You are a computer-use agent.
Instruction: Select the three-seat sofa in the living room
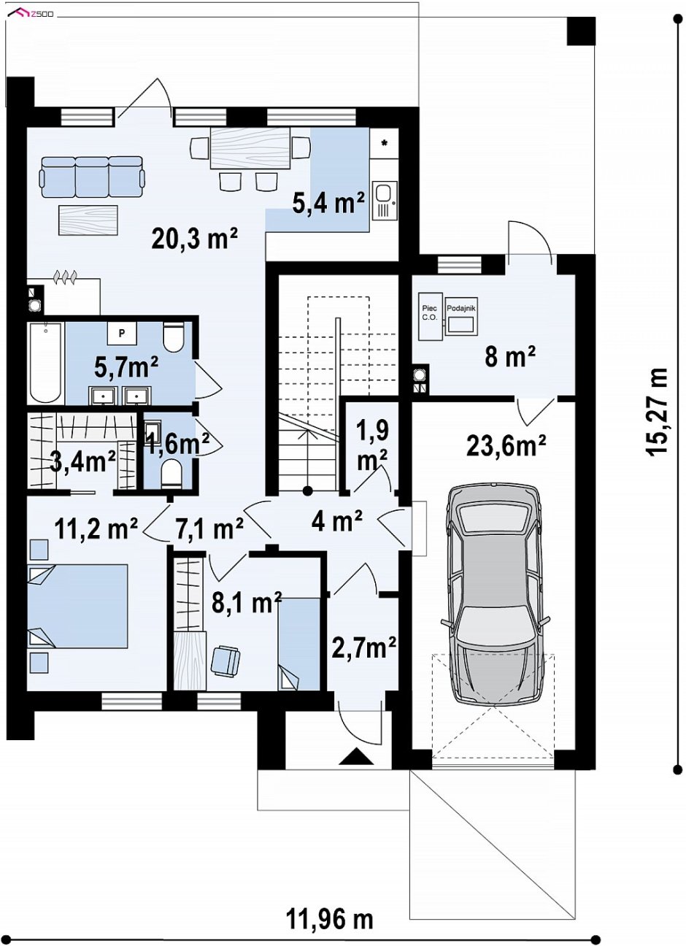pyautogui.click(x=92, y=176)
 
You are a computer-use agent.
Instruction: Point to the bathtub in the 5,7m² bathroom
pyautogui.click(x=45, y=362)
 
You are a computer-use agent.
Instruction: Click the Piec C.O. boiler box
pyautogui.click(x=430, y=316)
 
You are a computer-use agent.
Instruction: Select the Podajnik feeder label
pyautogui.click(x=461, y=308)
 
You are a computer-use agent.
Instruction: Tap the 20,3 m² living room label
pyautogui.click(x=195, y=239)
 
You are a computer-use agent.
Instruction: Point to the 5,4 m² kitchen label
pyautogui.click(x=328, y=204)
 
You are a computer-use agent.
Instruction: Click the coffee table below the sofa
pyautogui.click(x=88, y=220)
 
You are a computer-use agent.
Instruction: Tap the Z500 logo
pyautogui.click(x=33, y=14)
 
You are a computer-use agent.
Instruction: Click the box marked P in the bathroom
pyautogui.click(x=122, y=333)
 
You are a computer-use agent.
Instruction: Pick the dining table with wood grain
pyautogui.click(x=250, y=148)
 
